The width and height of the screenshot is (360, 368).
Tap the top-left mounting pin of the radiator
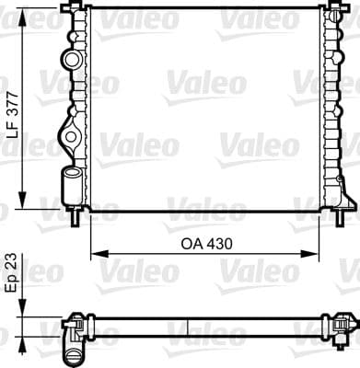point(70,8)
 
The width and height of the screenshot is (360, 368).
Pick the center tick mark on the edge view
point(188,326)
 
